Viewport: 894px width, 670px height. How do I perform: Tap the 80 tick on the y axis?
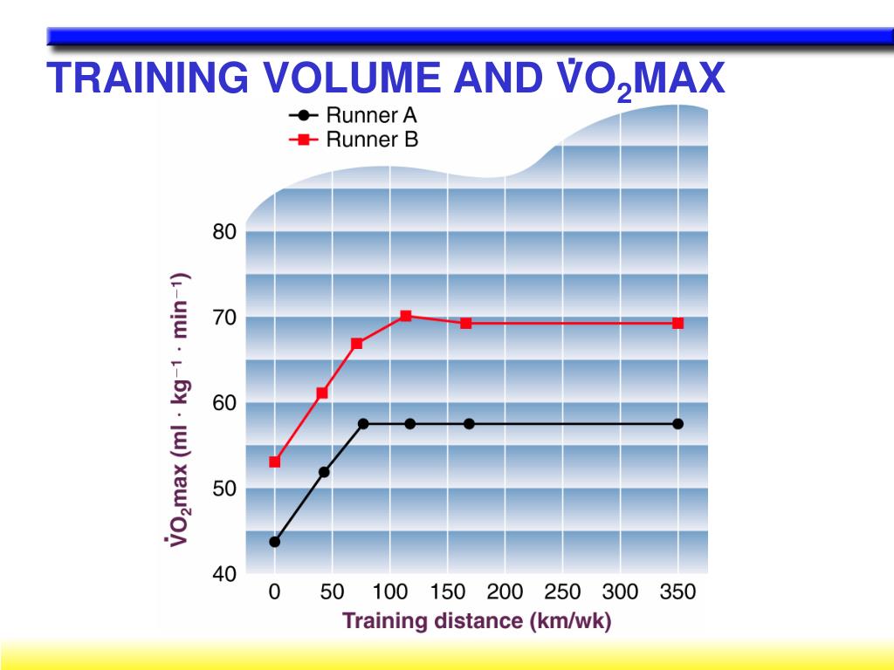[224, 233]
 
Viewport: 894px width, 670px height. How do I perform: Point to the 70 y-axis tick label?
[224, 318]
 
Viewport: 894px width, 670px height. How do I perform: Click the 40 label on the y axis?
[224, 574]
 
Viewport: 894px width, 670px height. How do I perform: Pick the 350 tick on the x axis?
[677, 593]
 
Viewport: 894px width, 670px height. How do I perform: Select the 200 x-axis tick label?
[505, 593]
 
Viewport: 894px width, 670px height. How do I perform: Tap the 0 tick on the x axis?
[275, 593]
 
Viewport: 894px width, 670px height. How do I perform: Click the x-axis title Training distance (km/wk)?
[477, 621]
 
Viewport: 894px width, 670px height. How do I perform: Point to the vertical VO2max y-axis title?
[178, 410]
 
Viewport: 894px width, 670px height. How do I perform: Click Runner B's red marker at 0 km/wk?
[275, 461]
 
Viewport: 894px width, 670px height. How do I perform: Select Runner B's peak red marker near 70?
[406, 316]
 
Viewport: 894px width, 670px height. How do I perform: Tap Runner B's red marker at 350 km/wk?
[677, 323]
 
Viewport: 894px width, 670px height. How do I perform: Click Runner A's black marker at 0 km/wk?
[275, 542]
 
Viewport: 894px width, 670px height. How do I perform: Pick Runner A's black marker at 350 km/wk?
[677, 424]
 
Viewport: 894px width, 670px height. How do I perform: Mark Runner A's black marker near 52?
[324, 472]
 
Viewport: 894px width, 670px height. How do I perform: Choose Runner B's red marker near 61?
[322, 393]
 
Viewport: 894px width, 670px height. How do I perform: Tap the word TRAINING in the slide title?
[147, 79]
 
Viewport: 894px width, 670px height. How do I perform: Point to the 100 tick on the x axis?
[389, 593]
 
